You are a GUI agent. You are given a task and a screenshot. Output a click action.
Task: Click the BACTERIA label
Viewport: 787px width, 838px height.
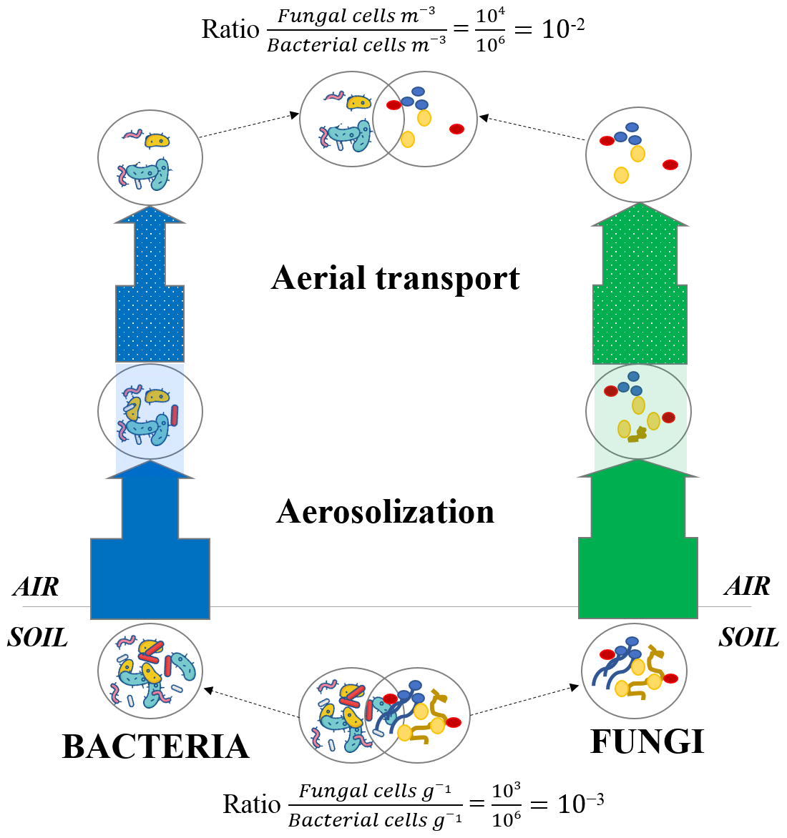156,746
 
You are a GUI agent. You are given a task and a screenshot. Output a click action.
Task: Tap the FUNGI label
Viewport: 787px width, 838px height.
647,741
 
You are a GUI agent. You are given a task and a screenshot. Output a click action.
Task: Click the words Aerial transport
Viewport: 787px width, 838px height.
396,278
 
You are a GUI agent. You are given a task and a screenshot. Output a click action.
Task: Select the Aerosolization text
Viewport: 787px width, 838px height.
386,512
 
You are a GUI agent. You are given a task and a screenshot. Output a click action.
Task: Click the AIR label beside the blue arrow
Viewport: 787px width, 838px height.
36,586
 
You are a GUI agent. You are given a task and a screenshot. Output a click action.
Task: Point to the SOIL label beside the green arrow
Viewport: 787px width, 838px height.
748,637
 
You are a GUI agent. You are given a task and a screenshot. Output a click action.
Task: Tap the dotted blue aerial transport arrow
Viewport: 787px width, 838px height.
150,300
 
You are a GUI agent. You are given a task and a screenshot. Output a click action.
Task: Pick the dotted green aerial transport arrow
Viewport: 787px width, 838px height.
640,300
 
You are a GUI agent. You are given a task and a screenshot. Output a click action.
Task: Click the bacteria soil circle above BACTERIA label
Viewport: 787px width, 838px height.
150,671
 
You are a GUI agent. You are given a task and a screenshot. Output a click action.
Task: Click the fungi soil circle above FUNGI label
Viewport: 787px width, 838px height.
635,671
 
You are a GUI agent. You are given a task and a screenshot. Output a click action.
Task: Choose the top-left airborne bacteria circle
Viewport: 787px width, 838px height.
150,157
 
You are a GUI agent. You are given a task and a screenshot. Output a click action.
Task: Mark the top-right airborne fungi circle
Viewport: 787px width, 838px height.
638,155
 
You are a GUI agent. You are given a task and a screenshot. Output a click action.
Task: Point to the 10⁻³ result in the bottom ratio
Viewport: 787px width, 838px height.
580,804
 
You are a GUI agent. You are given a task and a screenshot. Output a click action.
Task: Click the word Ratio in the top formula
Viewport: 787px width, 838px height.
230,29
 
